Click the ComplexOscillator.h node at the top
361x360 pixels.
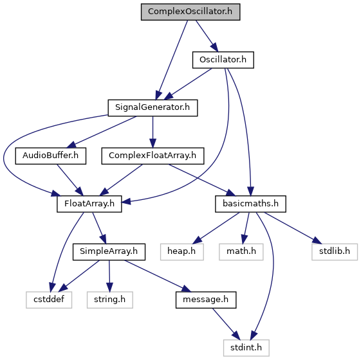click(190, 12)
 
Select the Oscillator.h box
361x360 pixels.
click(223, 60)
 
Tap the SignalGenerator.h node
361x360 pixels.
click(153, 107)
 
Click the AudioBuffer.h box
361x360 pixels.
click(51, 156)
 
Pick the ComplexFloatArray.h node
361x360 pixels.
click(153, 156)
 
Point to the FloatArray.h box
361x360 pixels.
click(89, 204)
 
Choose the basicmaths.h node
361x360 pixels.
click(250, 204)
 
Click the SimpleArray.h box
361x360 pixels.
click(109, 252)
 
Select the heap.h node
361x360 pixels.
click(182, 252)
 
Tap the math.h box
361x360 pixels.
click(241, 252)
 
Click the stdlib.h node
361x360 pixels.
click(335, 252)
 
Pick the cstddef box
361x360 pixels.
click(49, 300)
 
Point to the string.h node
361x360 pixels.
click(110, 300)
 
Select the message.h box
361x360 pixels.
click(206, 300)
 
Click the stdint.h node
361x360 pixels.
click(246, 348)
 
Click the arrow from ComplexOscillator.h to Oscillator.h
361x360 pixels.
click(207, 36)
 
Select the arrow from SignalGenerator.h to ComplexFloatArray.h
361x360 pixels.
click(153, 132)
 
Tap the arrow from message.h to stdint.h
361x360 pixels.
click(226, 324)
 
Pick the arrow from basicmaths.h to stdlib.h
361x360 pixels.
click(292, 228)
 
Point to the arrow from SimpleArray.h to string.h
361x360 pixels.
click(109, 276)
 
